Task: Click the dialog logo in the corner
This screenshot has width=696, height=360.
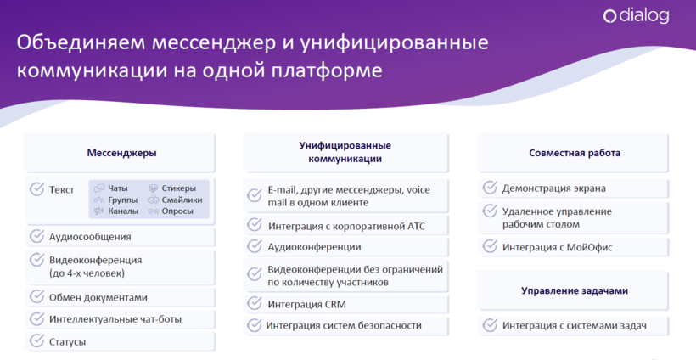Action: click(x=636, y=16)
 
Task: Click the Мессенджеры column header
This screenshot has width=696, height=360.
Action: click(x=121, y=153)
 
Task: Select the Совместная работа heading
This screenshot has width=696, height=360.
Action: click(x=575, y=153)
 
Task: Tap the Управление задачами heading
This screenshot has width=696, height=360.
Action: click(x=575, y=290)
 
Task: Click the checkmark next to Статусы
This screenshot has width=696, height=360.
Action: click(x=36, y=340)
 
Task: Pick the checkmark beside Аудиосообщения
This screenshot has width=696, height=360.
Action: click(x=36, y=236)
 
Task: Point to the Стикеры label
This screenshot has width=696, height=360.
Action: click(x=178, y=188)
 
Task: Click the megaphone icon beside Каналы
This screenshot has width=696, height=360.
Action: click(x=98, y=211)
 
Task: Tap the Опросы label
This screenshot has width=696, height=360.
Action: click(x=177, y=211)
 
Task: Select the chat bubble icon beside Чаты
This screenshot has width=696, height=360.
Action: click(x=99, y=188)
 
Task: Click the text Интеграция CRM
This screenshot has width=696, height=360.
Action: click(x=306, y=305)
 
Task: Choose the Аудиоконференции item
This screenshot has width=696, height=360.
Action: click(x=314, y=247)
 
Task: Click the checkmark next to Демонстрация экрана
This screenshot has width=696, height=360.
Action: click(x=490, y=188)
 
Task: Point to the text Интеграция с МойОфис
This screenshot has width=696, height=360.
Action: click(x=557, y=247)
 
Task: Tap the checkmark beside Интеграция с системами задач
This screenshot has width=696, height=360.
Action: click(x=490, y=325)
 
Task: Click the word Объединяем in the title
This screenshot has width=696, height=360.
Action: click(x=81, y=43)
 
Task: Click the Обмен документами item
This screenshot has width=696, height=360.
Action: click(x=98, y=298)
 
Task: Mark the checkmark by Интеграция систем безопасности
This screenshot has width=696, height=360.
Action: click(x=255, y=325)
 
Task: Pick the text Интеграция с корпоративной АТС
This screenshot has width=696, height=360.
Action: click(x=346, y=226)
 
